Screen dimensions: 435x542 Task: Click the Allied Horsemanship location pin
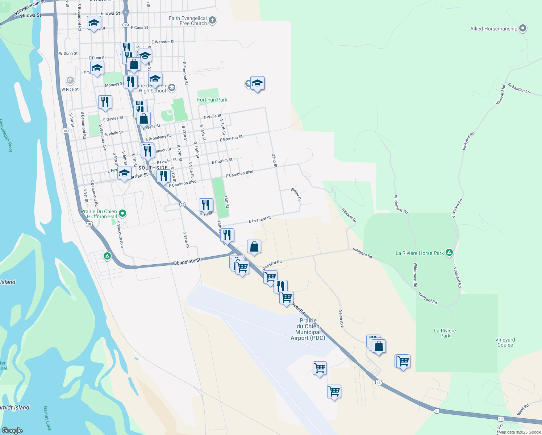[522, 28]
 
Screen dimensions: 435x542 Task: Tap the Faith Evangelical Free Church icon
[212, 21]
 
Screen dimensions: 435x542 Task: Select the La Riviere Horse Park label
[420, 253]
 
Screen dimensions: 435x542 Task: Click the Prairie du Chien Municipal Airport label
[308, 329]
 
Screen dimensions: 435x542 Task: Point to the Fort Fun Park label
[212, 100]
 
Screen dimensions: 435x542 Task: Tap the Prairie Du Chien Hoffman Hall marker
[122, 214]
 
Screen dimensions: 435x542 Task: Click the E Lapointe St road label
[187, 261]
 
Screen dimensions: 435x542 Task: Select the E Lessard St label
[260, 220]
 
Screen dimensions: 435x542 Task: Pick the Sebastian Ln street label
[519, 88]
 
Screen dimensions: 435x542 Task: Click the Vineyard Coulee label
[505, 342]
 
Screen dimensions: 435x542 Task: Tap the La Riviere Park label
[445, 333]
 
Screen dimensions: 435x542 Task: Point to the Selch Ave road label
[341, 319]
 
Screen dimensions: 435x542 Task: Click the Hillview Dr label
[349, 215]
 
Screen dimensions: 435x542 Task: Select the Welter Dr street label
[296, 194]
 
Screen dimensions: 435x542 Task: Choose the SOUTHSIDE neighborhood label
[153, 168]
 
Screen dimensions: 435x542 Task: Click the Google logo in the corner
[12, 430]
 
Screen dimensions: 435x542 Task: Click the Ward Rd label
[523, 409]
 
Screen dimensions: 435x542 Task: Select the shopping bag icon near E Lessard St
[254, 246]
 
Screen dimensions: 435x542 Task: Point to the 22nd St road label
[274, 160]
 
